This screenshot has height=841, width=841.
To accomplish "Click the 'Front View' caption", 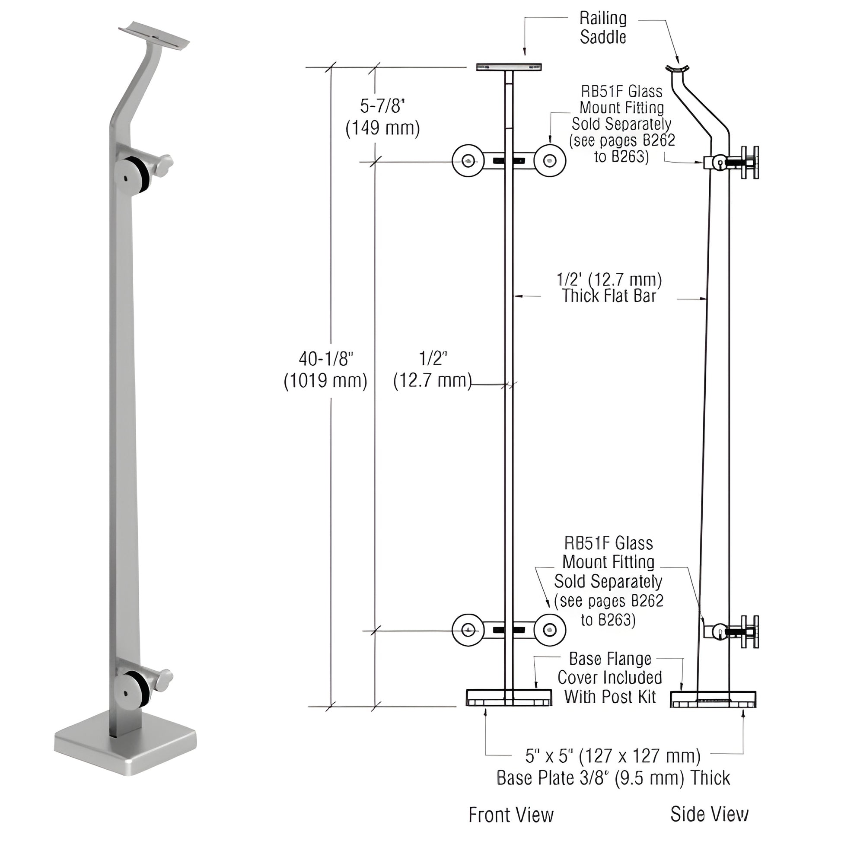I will [x=511, y=815].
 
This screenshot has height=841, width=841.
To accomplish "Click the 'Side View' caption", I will [x=709, y=814].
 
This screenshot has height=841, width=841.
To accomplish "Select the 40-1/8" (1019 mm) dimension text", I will [x=325, y=370].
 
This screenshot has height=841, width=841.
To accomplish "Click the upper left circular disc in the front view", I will [x=468, y=161].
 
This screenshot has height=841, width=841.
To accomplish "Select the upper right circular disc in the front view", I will [x=550, y=161].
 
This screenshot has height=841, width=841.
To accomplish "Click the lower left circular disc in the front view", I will [x=468, y=630].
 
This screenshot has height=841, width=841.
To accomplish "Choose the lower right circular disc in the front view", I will [x=550, y=630].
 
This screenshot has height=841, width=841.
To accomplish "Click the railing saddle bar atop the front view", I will [x=509, y=67].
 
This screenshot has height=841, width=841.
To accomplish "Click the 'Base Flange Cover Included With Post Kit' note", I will [x=609, y=677].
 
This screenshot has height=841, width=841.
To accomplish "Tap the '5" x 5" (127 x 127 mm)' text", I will [x=613, y=756].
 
